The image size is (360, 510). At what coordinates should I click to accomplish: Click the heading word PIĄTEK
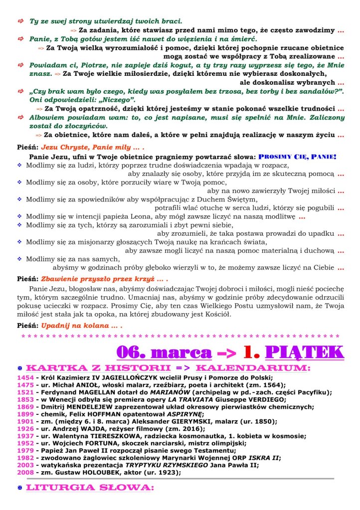click(305, 351)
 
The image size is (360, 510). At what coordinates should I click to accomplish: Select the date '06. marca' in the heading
click(164, 351)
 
